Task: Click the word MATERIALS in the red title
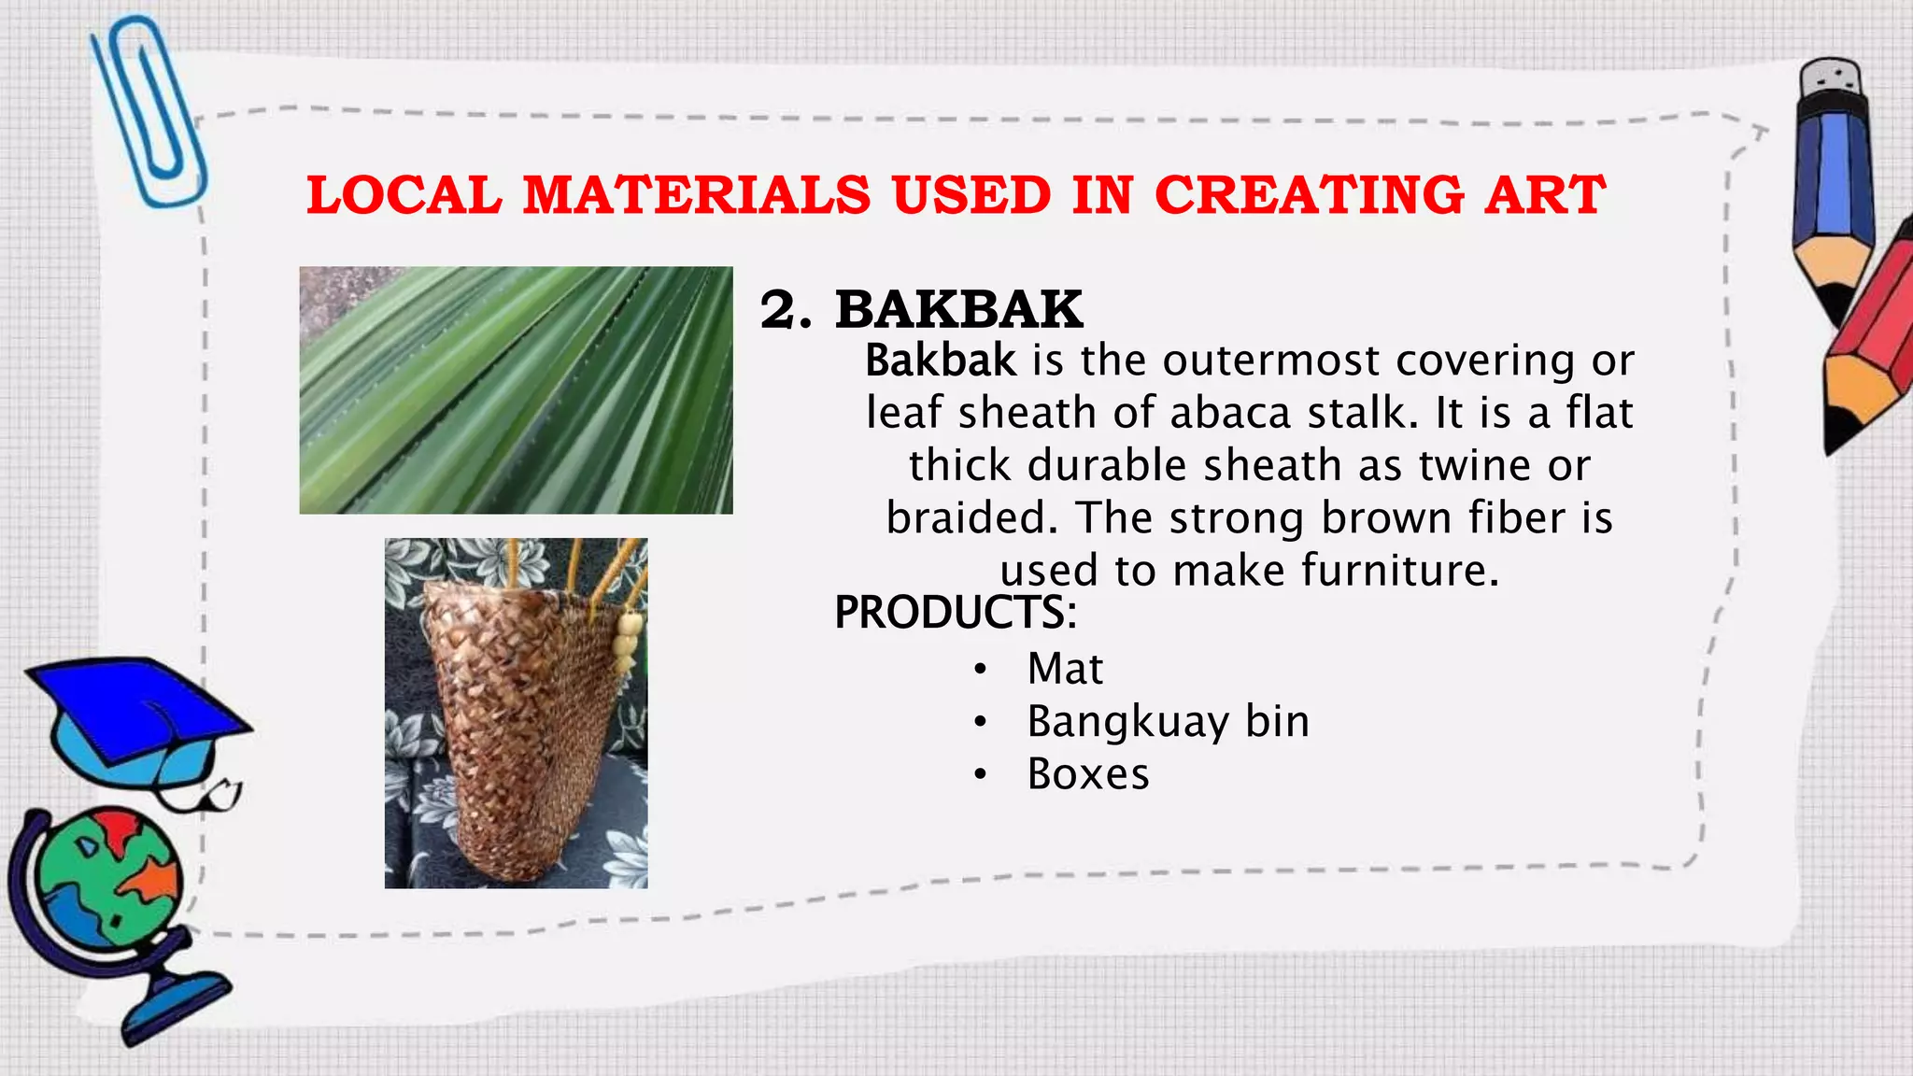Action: click(x=696, y=196)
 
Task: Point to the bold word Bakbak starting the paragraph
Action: click(x=940, y=361)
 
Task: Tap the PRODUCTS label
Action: click(x=955, y=613)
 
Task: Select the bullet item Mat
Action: click(x=1065, y=669)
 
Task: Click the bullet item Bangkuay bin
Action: click(x=1168, y=721)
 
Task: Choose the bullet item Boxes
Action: click(x=1088, y=774)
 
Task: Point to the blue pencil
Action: click(x=1833, y=187)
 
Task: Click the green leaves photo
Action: click(x=516, y=389)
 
